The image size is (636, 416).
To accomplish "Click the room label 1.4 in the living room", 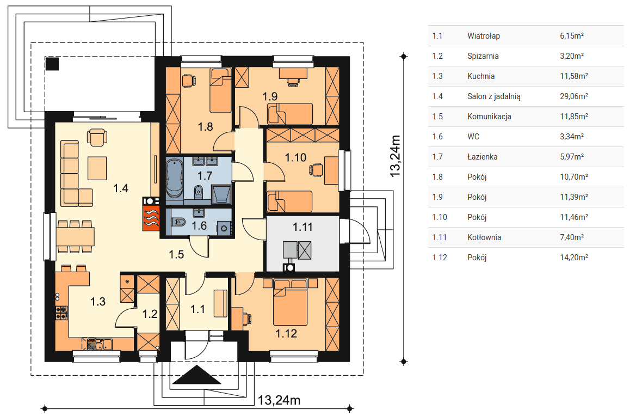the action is click(120, 188).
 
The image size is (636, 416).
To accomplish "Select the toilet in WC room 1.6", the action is click(178, 222).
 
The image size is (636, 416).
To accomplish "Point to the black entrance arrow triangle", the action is click(197, 375).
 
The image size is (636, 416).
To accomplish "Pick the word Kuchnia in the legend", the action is click(480, 76).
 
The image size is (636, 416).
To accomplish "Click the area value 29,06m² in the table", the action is click(574, 96).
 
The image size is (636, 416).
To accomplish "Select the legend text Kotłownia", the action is click(484, 237).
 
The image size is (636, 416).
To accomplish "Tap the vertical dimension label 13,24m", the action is click(395, 156).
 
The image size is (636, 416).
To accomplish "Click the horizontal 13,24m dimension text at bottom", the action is click(279, 400).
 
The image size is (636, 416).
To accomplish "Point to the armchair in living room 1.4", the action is click(97, 137).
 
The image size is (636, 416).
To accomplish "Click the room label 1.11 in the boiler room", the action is click(302, 227).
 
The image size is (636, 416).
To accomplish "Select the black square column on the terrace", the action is click(52, 64).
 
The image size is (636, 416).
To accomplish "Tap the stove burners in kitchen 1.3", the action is click(61, 313).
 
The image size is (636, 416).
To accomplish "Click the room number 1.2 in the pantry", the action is click(150, 314).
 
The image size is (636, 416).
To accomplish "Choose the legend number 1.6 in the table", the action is click(437, 137).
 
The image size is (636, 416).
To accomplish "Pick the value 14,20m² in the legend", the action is click(574, 258).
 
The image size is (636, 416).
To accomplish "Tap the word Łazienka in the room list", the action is click(482, 157).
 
